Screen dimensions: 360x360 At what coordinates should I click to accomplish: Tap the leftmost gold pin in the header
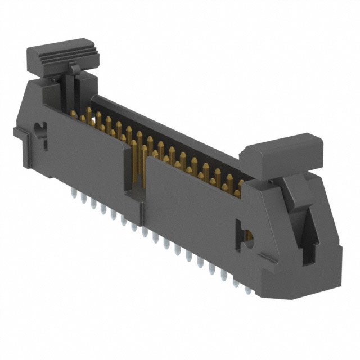74,115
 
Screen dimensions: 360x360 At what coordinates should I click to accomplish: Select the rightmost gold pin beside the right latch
238,188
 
